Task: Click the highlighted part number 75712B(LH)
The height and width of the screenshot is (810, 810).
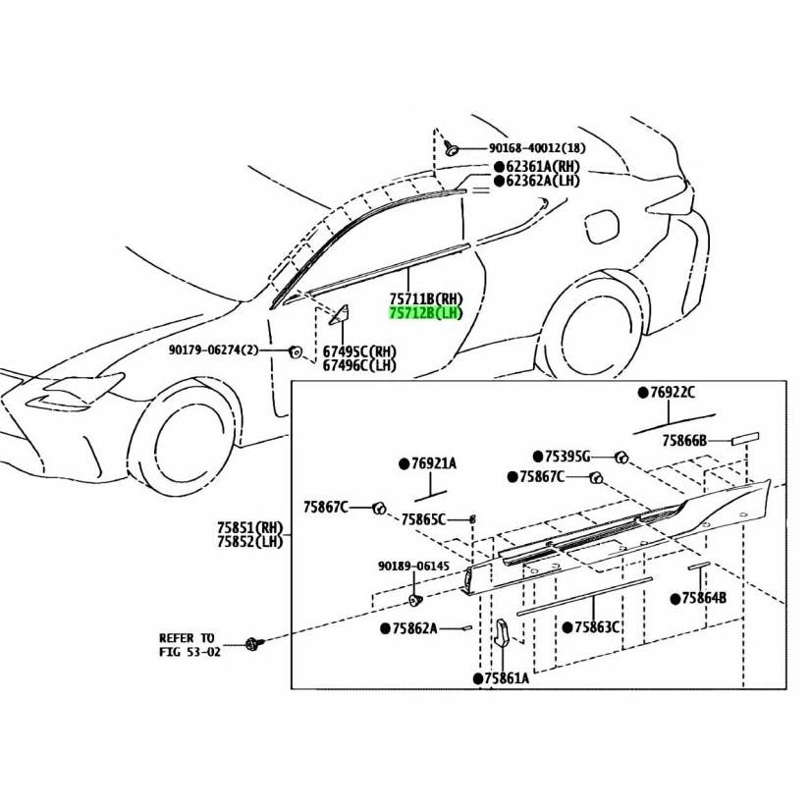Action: pyautogui.click(x=426, y=313)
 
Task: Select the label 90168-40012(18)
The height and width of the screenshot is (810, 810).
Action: pyautogui.click(x=537, y=148)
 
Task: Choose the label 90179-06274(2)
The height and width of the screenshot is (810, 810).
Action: pyautogui.click(x=212, y=351)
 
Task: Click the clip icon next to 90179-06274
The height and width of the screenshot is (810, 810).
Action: pyautogui.click(x=296, y=351)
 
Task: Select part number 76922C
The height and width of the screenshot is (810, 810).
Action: pyautogui.click(x=667, y=393)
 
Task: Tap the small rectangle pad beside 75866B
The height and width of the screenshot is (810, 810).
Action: pyautogui.click(x=745, y=439)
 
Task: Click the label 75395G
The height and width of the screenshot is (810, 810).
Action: pyautogui.click(x=561, y=457)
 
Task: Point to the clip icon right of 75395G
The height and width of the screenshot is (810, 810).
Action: pyautogui.click(x=621, y=458)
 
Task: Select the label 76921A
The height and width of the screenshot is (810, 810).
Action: pyautogui.click(x=428, y=463)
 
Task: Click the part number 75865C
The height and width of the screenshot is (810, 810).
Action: pyautogui.click(x=423, y=519)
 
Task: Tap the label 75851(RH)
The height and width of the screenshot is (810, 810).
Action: pyautogui.click(x=250, y=528)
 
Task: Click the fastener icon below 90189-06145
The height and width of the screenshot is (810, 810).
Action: pyautogui.click(x=415, y=600)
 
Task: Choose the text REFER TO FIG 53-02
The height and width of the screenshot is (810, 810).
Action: pyautogui.click(x=189, y=645)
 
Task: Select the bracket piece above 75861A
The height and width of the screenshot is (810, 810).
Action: pyautogui.click(x=502, y=633)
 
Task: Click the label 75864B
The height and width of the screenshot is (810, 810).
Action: pyautogui.click(x=698, y=598)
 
